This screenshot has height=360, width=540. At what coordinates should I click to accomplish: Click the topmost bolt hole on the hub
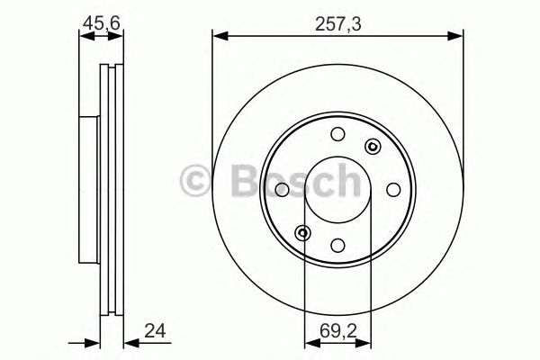(337, 135)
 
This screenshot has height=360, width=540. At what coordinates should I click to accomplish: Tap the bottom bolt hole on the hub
(337, 244)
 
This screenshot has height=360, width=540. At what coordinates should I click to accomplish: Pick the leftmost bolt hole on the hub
(282, 189)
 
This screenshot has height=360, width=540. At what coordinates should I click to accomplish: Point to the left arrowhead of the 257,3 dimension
(217, 36)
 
